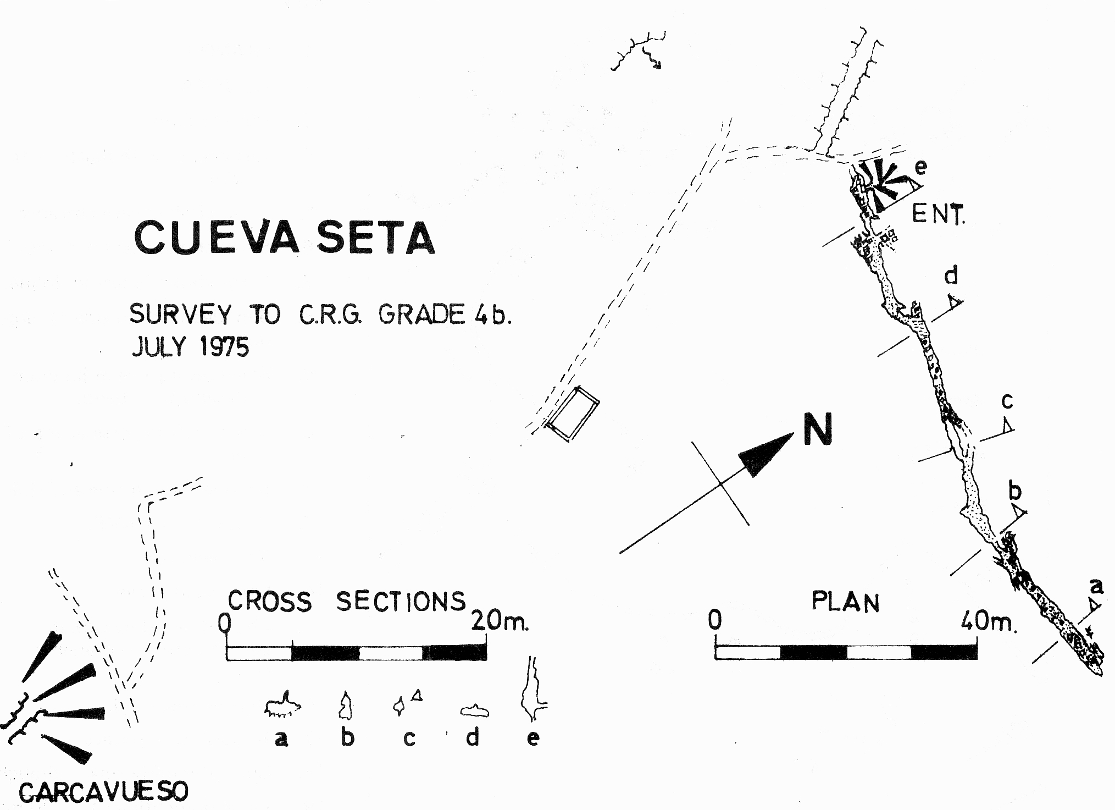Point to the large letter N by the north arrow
pos(817,429)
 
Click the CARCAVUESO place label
pos(103,792)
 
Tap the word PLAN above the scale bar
pos(845,602)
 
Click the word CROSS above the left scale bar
pos(269,601)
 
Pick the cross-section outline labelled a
pos(282,706)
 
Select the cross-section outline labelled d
pos(474,711)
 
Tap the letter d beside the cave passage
pos(952,275)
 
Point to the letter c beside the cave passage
pos(1007,403)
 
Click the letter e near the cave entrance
pos(920,167)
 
